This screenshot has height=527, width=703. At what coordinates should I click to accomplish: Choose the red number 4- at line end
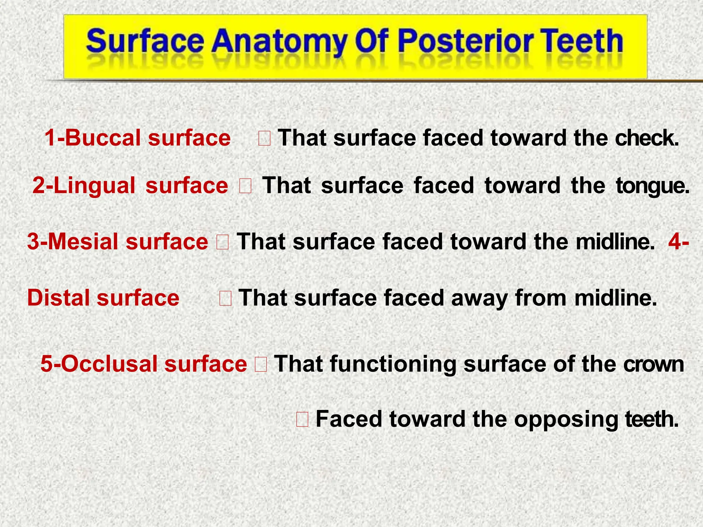(678, 241)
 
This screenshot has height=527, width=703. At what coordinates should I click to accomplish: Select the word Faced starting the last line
(349, 419)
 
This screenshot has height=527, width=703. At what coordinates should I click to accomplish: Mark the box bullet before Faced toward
(302, 420)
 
